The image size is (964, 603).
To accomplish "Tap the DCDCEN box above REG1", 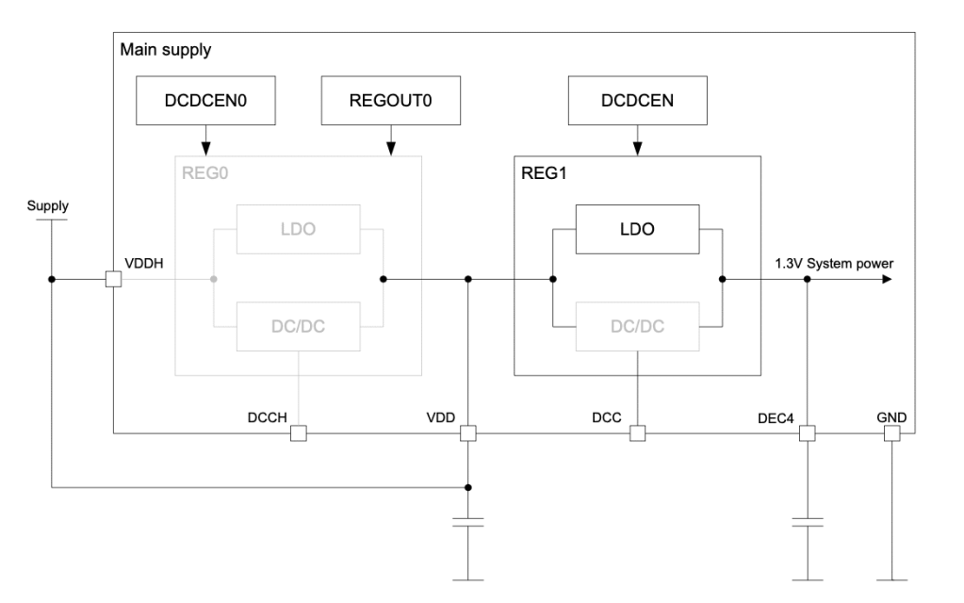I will [x=637, y=100].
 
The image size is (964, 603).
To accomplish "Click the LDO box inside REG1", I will [x=637, y=229].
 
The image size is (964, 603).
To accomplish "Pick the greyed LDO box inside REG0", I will [x=298, y=229].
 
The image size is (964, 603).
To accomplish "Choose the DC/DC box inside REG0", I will [x=298, y=327].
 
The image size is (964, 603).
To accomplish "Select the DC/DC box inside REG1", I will [x=637, y=327].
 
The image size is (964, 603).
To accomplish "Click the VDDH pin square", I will [x=113, y=279].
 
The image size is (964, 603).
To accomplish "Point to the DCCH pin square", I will [x=298, y=433].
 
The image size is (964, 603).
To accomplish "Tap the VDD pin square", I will [x=468, y=433].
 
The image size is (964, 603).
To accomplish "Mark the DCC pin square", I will [x=637, y=433].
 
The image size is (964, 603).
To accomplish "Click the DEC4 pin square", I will [x=807, y=433].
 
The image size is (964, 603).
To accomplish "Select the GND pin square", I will [x=891, y=433].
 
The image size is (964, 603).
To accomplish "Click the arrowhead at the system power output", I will [x=886, y=279].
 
